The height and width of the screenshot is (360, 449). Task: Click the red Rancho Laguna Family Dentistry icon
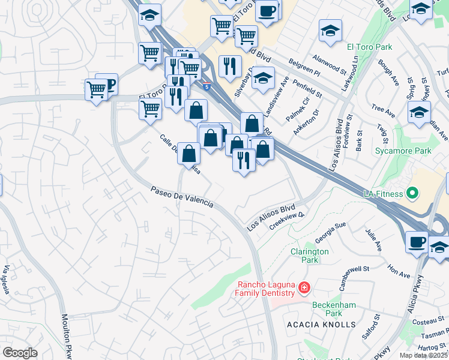coord(304,289)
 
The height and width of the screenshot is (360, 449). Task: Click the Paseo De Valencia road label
coord(182,196)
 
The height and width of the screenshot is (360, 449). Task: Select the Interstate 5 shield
coord(206,86)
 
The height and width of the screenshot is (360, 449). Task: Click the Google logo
coord(20,352)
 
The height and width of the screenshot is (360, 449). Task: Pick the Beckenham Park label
coord(334,309)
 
